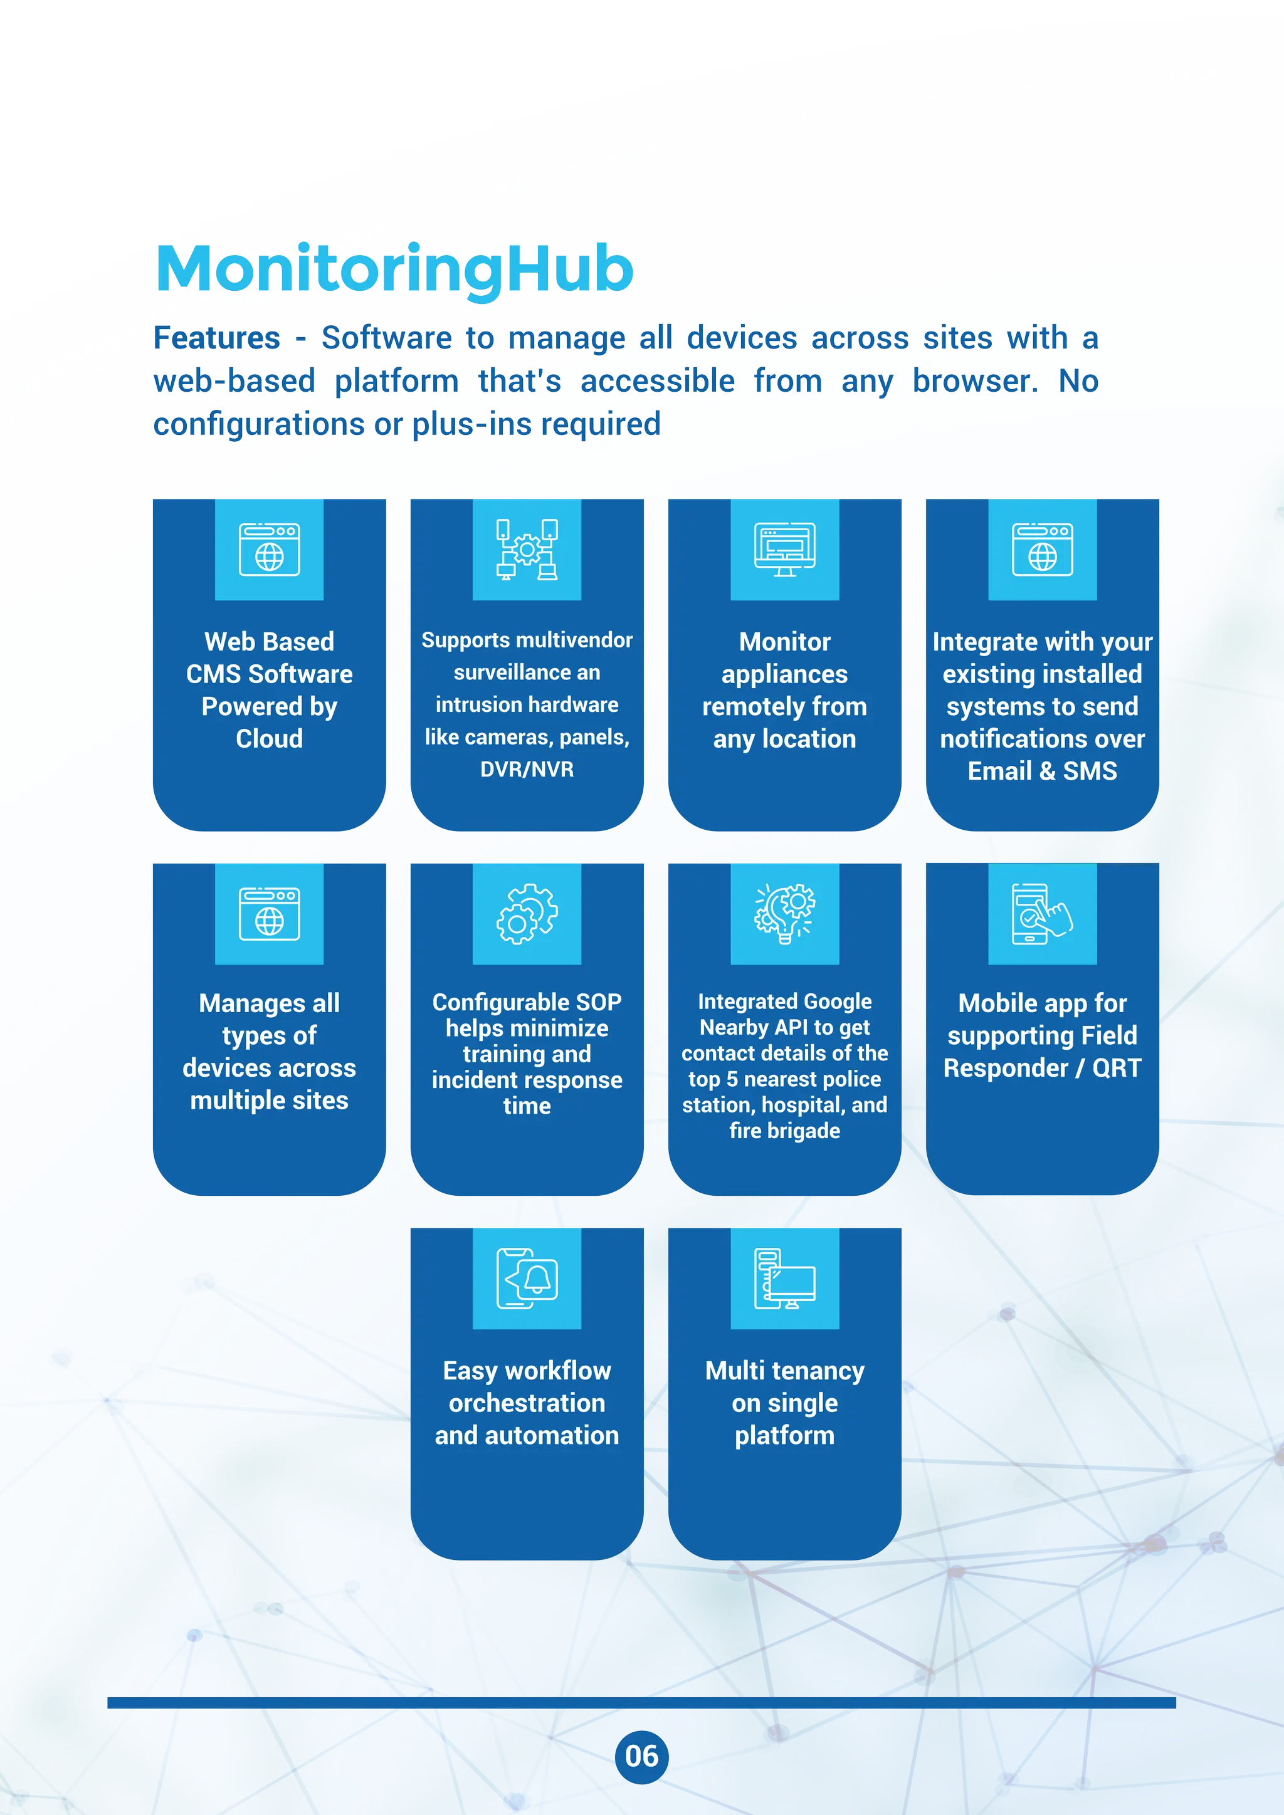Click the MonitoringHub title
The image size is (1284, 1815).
(394, 269)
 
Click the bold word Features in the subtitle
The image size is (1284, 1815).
(217, 338)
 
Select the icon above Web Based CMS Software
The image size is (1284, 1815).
(269, 550)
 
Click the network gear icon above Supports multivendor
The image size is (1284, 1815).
(527, 550)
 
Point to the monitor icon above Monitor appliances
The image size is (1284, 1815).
(784, 550)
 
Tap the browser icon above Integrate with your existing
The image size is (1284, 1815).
(1042, 550)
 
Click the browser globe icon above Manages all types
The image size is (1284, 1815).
(269, 914)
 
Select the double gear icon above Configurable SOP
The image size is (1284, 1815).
(527, 914)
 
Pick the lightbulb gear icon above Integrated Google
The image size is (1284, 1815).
(784, 914)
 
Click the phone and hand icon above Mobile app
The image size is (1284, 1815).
(1042, 914)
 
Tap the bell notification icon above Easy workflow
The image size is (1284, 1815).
(527, 1279)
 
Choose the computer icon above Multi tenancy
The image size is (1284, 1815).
(784, 1279)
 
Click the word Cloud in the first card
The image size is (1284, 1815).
(269, 738)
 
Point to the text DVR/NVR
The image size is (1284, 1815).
(527, 769)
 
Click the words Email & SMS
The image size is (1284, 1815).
(1042, 771)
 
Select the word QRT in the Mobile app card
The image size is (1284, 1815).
(1117, 1068)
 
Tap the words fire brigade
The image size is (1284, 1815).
(784, 1131)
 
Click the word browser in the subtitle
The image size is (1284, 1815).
(975, 381)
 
